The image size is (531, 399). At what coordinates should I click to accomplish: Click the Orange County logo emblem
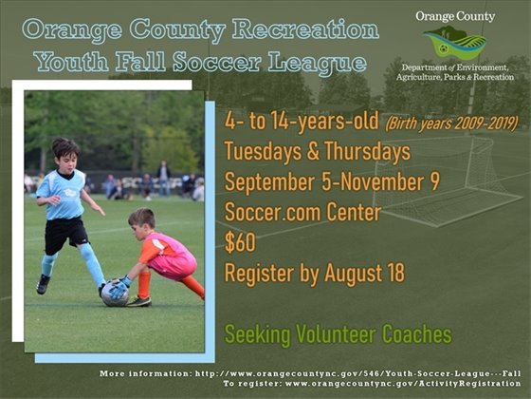[455, 43]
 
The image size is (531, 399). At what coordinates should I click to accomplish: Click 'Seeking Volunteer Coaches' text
[338, 334]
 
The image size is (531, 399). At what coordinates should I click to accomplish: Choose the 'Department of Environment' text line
[455, 69]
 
